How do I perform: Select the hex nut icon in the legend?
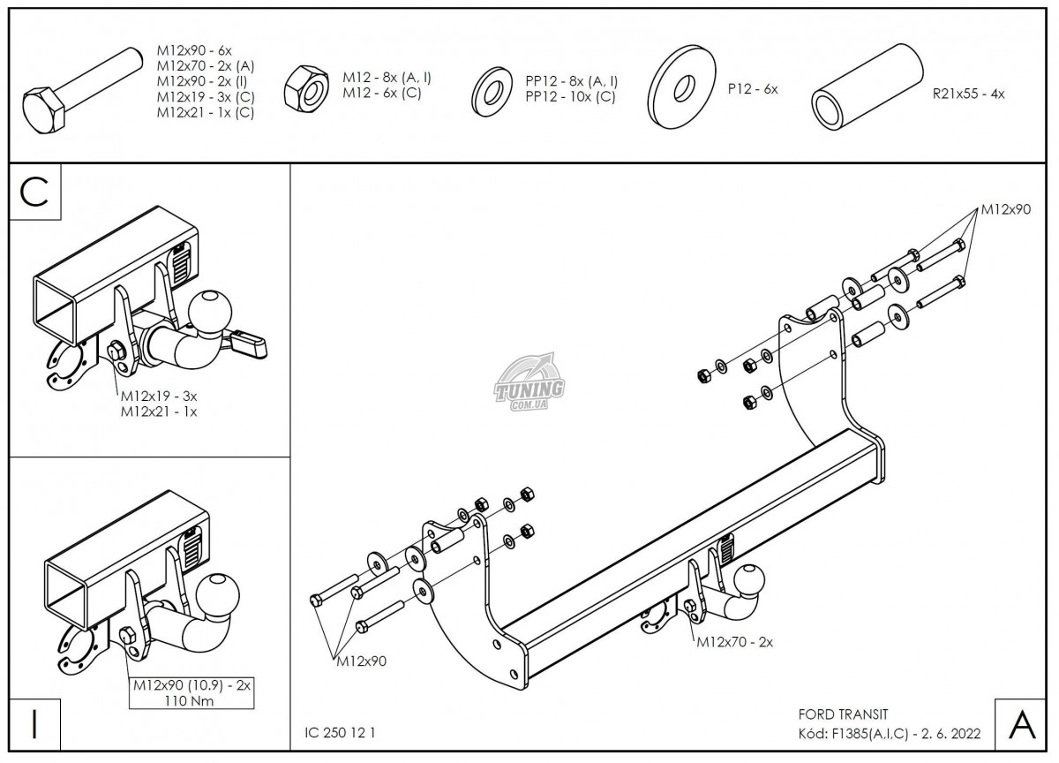coord(305,88)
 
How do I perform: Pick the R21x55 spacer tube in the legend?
coord(866,87)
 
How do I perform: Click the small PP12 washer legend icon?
coord(491,87)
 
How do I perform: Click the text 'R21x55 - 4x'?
coord(968,93)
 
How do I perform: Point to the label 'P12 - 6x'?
coord(752,89)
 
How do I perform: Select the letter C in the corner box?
coord(34,192)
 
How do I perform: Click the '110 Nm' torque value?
coord(191,701)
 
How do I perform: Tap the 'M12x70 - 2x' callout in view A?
coord(734,642)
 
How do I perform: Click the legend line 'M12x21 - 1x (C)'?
coord(206,113)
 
